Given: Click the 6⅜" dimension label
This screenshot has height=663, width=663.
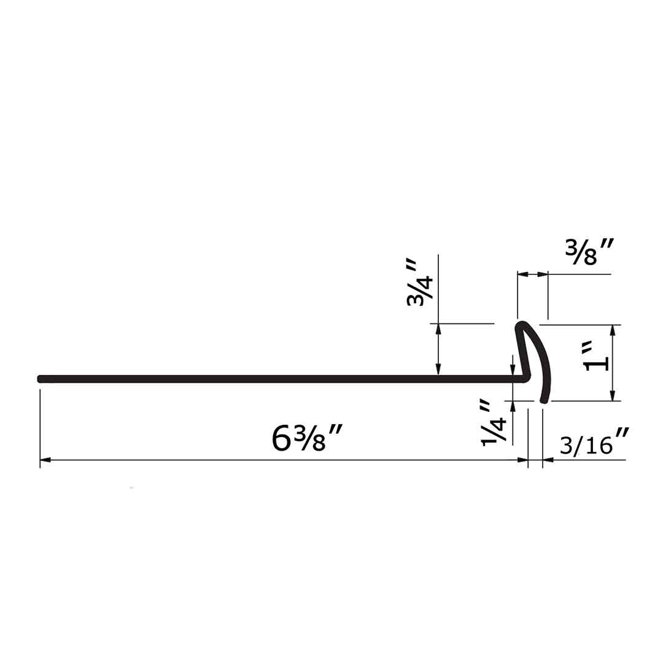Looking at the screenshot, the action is pos(306,438).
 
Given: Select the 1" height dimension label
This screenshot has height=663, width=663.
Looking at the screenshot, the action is pos(595,356).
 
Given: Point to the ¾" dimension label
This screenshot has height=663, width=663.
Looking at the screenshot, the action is pos(419,284).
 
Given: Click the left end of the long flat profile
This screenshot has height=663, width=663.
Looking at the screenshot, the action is pos(40,379).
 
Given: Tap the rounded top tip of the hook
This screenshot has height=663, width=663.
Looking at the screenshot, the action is pos(522,325).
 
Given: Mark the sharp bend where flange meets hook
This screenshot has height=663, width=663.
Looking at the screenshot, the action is pos(527,378).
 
